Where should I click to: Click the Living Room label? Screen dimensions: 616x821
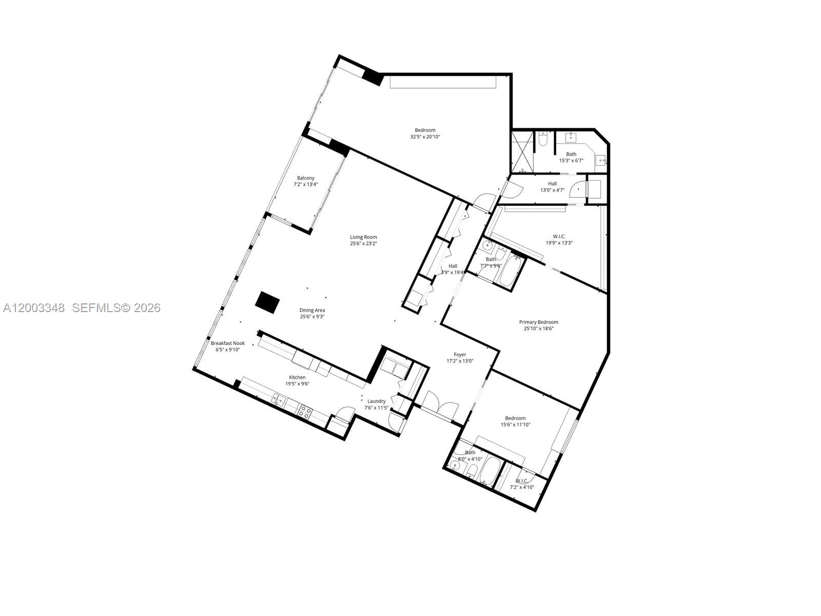coord(363,237)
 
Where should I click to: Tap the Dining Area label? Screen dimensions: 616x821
coord(312,310)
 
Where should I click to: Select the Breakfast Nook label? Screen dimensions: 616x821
coord(228,343)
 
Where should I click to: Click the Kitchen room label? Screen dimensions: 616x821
coord(297,377)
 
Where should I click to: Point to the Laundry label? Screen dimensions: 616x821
coord(376,401)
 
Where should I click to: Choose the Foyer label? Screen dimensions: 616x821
coord(460,354)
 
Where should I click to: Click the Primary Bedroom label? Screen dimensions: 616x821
coord(538,322)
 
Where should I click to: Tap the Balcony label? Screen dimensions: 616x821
coord(306,178)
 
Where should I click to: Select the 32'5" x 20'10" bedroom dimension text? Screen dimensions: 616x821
coord(425,137)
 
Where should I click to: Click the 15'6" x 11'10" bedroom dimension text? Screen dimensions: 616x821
coord(515,425)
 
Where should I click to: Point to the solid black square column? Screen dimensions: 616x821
coord(267,302)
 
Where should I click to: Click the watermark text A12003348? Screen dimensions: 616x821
coord(34,308)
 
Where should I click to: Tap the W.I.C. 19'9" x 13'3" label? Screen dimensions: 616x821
coord(559,240)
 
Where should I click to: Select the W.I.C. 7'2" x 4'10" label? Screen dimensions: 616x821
coord(521,484)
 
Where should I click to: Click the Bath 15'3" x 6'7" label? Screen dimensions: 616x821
coord(571,157)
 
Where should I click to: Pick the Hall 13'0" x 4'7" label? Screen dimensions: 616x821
coord(552,187)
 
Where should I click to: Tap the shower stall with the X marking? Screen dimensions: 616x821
coord(522,152)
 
